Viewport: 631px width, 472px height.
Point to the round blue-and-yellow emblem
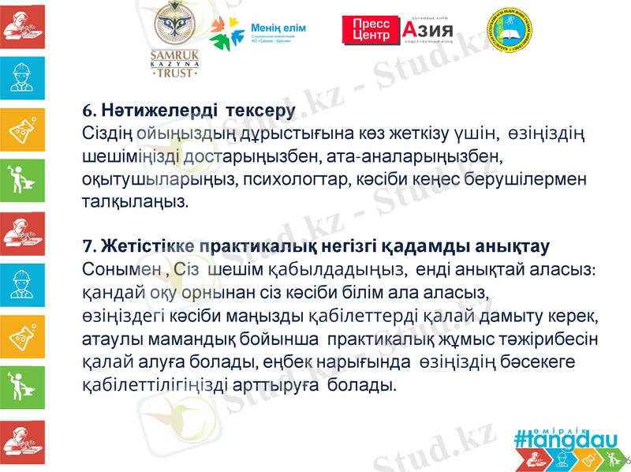[x=514, y=36]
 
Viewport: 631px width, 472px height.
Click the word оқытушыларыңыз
[x=160, y=178]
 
